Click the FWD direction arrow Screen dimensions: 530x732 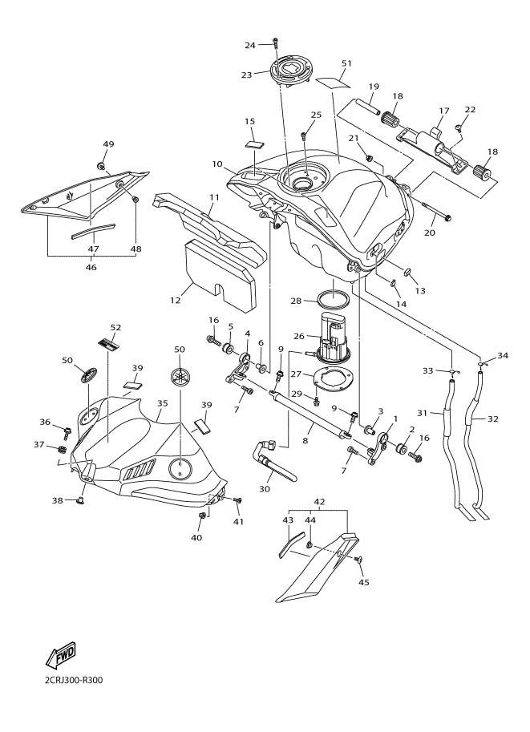coord(61,654)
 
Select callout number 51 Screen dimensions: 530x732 coord(346,63)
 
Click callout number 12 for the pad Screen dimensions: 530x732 coord(175,300)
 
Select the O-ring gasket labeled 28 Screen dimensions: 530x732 coord(333,298)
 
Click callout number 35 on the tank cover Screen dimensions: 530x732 coord(163,402)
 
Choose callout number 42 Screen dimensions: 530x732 coord(319,502)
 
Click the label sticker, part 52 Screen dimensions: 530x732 coord(109,343)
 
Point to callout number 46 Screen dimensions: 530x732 coord(91,268)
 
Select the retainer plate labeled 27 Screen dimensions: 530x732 coord(333,377)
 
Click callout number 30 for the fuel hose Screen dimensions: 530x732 coord(265,489)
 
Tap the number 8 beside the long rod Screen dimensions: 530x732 coord(305,440)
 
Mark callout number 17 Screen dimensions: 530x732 coord(444,111)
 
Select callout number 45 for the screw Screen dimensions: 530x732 coord(364,582)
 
